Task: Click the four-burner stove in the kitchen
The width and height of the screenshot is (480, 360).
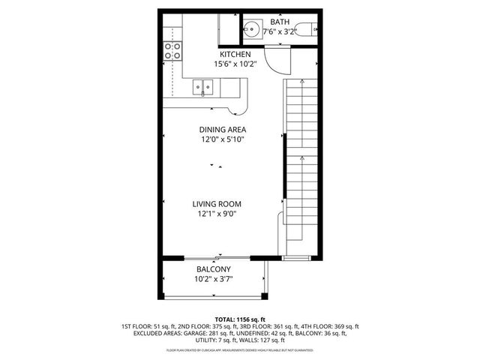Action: (x=173, y=51)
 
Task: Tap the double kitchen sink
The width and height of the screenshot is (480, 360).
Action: (x=202, y=88)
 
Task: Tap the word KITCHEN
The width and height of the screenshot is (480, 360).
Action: (x=235, y=55)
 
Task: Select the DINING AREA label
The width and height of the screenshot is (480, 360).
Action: (x=223, y=129)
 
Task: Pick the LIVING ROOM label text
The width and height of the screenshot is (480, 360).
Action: (x=217, y=203)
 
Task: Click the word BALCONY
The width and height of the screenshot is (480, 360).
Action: (x=213, y=269)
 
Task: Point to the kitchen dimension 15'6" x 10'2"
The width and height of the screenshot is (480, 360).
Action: (x=235, y=64)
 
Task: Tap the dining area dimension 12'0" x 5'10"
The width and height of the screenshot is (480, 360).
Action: (x=223, y=139)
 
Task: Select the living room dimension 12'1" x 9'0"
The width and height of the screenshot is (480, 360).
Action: (x=217, y=213)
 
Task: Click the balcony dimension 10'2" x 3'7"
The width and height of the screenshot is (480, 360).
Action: (x=213, y=279)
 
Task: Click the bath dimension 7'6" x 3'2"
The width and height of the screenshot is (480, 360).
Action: (x=279, y=31)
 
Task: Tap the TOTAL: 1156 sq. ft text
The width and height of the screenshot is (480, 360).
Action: (x=240, y=319)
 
